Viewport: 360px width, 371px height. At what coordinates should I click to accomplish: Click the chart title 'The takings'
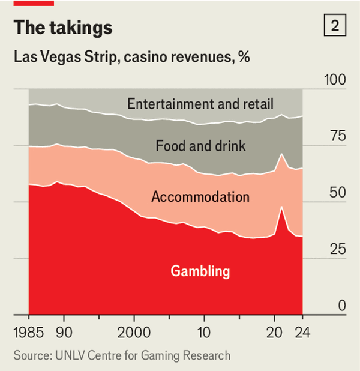point(62,28)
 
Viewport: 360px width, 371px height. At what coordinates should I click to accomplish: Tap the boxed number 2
point(334,26)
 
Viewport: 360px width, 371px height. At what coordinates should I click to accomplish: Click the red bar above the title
point(34,3)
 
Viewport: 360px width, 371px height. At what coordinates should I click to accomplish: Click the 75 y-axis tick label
point(338,136)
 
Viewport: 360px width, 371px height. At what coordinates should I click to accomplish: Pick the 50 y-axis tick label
point(338,193)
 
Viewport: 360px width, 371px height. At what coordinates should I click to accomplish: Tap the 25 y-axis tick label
point(338,249)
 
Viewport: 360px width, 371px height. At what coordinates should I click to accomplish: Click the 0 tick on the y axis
point(341,306)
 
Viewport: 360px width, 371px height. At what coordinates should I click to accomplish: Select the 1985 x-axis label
point(29,333)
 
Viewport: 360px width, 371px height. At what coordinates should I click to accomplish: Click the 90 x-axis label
point(64,333)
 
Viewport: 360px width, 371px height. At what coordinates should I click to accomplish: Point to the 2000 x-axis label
point(133,333)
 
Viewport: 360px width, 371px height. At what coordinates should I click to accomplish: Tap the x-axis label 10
point(205,333)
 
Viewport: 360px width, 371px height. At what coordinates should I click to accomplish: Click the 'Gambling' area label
point(200,271)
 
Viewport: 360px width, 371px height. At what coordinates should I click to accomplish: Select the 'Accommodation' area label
point(200,196)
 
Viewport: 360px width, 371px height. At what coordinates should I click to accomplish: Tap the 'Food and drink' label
point(200,145)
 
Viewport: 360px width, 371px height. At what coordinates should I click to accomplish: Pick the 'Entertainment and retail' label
point(200,104)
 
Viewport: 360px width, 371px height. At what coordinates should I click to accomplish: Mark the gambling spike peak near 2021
point(281,207)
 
